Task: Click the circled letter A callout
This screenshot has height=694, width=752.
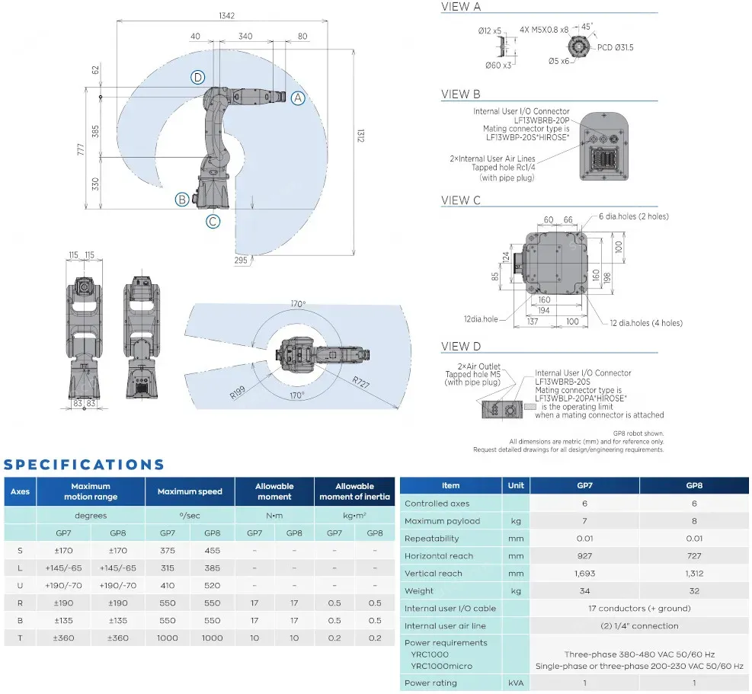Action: pos(298,98)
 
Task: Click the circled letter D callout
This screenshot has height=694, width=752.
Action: pos(198,77)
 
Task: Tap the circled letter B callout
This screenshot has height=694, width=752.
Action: pos(182,200)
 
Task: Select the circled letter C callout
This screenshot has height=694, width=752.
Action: pos(213,222)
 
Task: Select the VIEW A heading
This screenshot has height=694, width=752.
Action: pos(461,7)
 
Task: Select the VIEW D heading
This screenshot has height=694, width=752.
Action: pos(461,347)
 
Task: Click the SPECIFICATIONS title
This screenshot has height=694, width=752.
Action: pos(84,465)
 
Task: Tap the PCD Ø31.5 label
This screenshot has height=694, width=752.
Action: pos(615,47)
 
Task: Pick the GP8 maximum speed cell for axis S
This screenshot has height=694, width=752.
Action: pos(213,551)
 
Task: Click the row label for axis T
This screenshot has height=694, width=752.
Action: pos(20,638)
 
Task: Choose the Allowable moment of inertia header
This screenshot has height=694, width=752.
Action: pos(354,491)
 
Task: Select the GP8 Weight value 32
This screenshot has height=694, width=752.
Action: pos(693,591)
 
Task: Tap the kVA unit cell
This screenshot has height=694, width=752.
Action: pos(515,683)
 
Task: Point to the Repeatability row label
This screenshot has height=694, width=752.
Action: pos(433,539)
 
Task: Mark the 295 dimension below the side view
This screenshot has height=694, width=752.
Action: pos(241,261)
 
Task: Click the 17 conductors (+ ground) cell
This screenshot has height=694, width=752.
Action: pos(638,609)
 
